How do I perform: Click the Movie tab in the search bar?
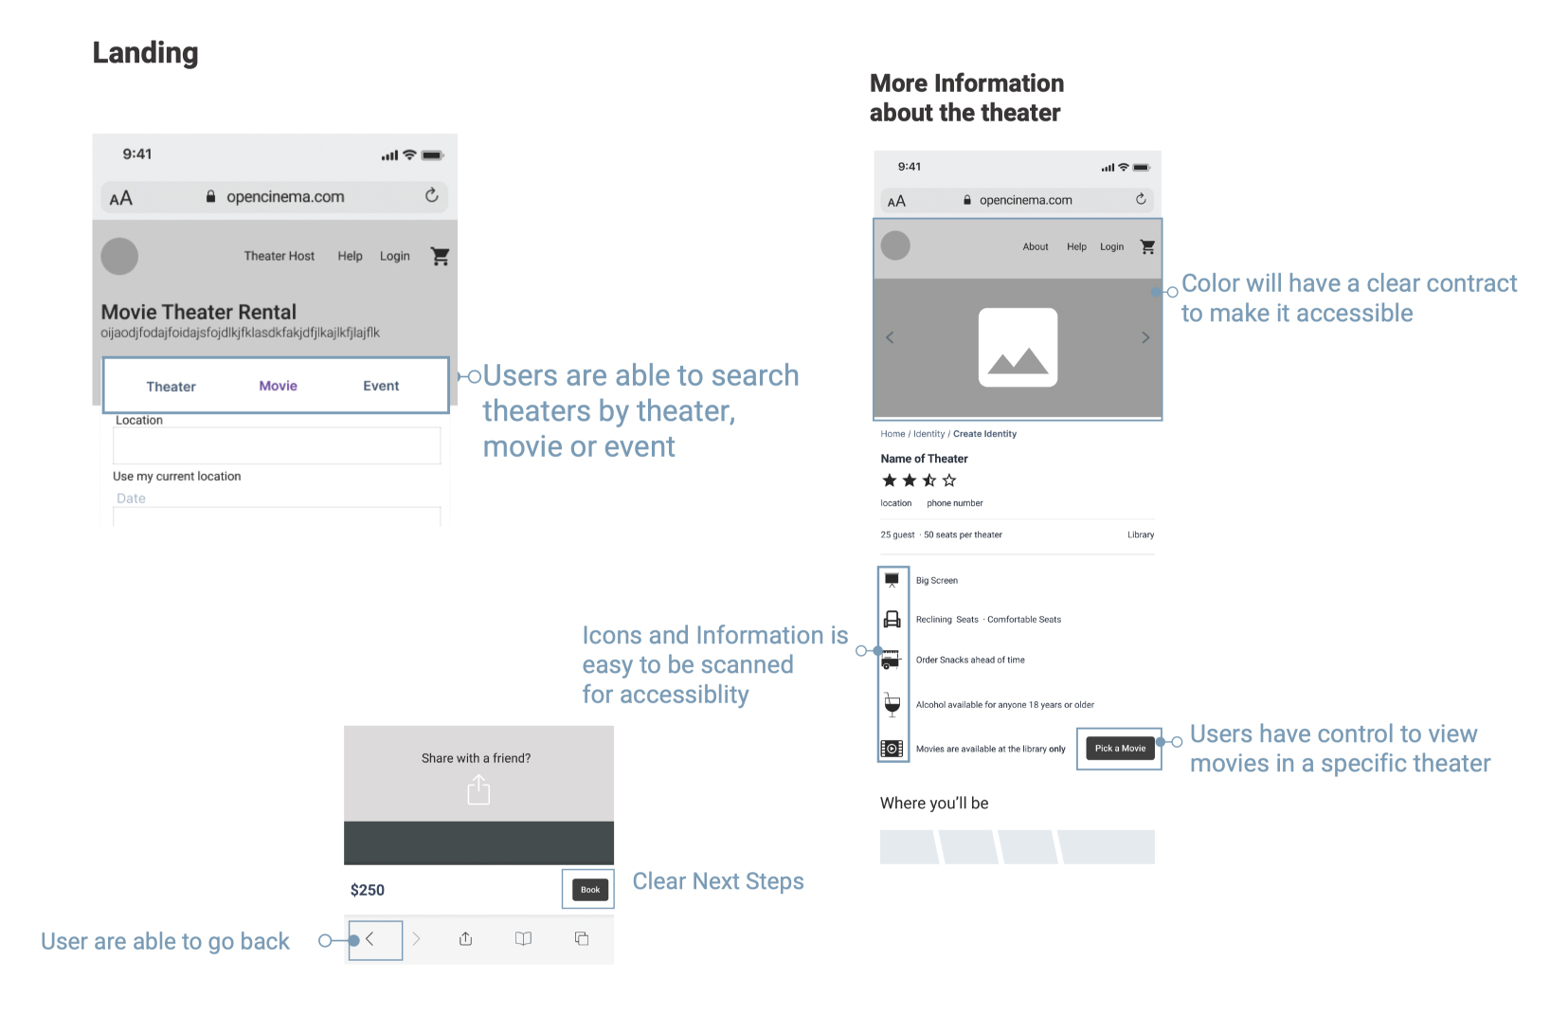tap(278, 386)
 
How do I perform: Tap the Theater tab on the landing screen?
tap(171, 387)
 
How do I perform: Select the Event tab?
tap(381, 386)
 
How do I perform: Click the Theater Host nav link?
tap(279, 256)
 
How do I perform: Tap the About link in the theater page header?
tap(1036, 246)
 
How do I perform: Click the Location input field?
tap(277, 445)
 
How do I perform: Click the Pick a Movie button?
tap(1120, 749)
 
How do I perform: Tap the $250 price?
tap(368, 890)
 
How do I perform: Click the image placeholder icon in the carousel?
tap(1018, 348)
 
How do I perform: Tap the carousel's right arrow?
tap(1145, 337)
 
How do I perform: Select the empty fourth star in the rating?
tap(949, 480)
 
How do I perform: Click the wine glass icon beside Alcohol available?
tap(892, 704)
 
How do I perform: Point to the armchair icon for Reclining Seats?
tap(892, 619)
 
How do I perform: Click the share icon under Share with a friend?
tap(478, 790)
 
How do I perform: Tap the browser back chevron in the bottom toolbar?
tap(369, 939)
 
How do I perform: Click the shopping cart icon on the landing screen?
tap(440, 256)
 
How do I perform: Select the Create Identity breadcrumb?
tap(985, 434)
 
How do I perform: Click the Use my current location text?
tap(176, 476)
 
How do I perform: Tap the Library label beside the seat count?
tap(1141, 535)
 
